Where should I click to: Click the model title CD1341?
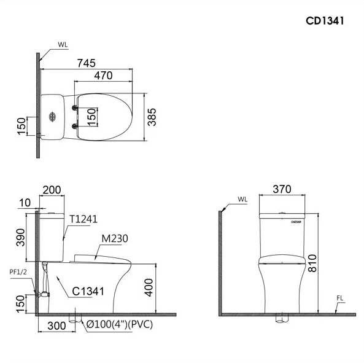pyautogui.click(x=325, y=21)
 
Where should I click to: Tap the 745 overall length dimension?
pyautogui.click(x=87, y=63)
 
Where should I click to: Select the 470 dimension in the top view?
pyautogui.click(x=103, y=76)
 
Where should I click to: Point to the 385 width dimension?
pyautogui.click(x=152, y=117)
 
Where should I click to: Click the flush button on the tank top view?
pyautogui.click(x=52, y=116)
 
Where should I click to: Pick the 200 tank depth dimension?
pyautogui.click(x=52, y=190)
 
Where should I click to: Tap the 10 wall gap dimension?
pyautogui.click(x=25, y=203)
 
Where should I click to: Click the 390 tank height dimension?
pyautogui.click(x=21, y=237)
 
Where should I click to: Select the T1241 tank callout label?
pyautogui.click(x=83, y=219)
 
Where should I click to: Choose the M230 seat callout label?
pyautogui.click(x=115, y=238)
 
